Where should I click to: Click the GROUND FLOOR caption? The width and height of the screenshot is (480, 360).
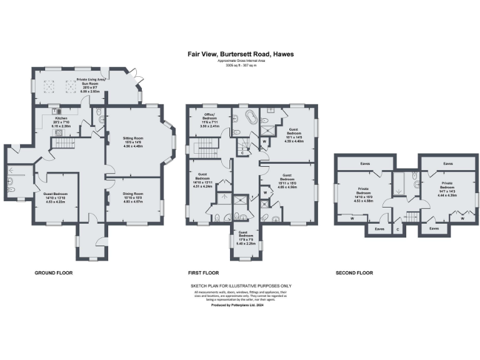point(54,273)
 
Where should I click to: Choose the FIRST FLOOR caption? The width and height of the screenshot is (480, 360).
point(203,273)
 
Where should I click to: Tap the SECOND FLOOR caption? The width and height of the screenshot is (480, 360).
point(354,273)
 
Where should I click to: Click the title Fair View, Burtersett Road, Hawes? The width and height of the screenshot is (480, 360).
point(241,54)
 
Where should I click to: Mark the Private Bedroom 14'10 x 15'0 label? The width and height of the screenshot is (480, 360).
point(363,194)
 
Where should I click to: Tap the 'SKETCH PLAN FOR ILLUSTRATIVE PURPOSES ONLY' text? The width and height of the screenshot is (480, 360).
point(241,286)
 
